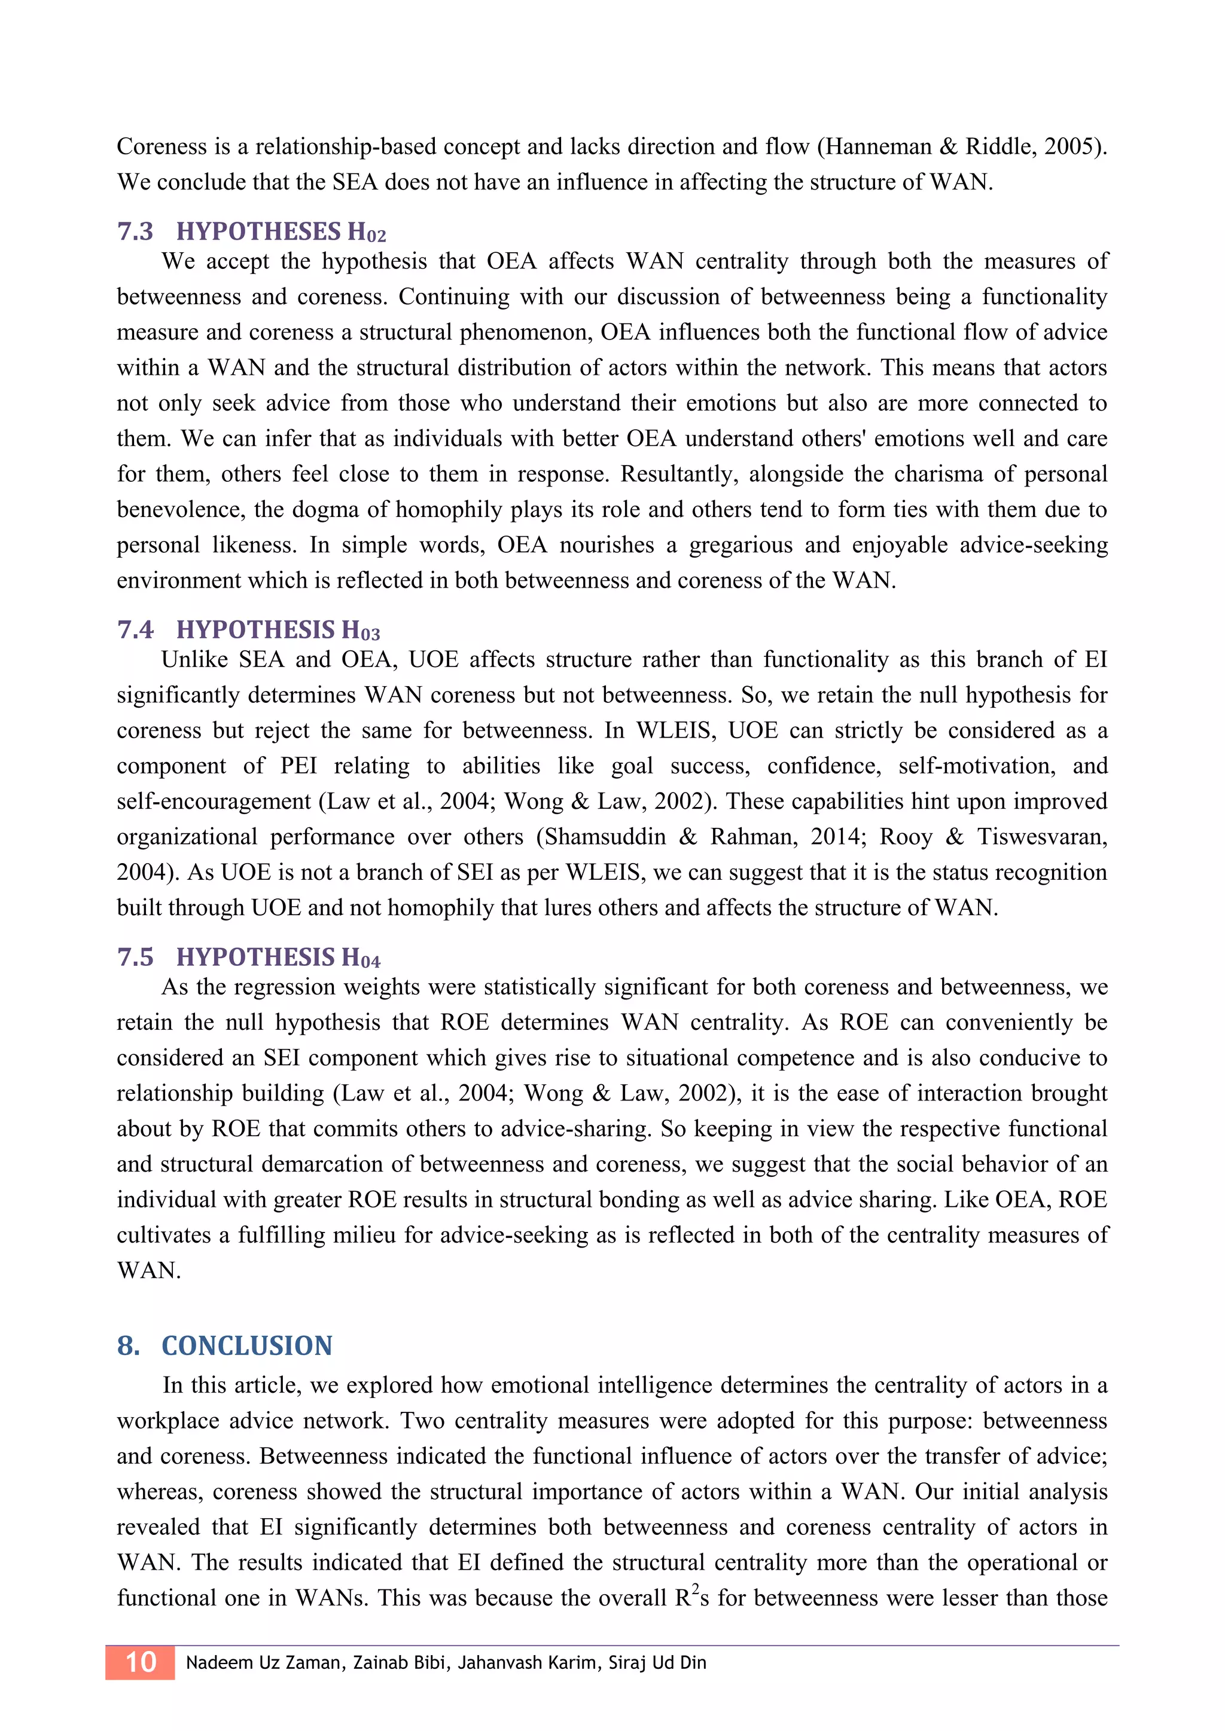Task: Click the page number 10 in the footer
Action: (141, 1662)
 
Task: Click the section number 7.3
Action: (135, 231)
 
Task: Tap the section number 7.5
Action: (135, 957)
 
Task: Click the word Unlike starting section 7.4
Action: (194, 660)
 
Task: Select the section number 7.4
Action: (135, 629)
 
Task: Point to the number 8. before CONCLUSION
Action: (128, 1345)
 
